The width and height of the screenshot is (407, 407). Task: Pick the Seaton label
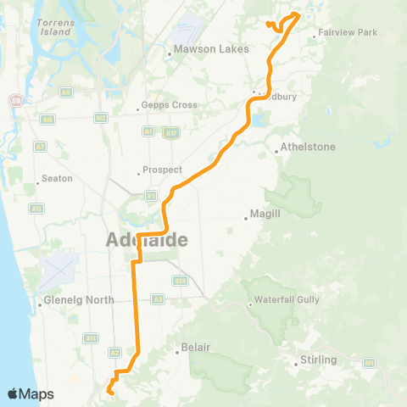pos(57,179)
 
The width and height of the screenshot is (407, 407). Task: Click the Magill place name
pos(266,215)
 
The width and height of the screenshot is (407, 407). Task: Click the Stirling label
pos(320,360)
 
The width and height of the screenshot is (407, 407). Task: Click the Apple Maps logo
pos(31,393)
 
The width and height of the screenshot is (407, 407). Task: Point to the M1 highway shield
pos(370,363)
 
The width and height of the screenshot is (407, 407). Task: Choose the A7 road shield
pos(39,147)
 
